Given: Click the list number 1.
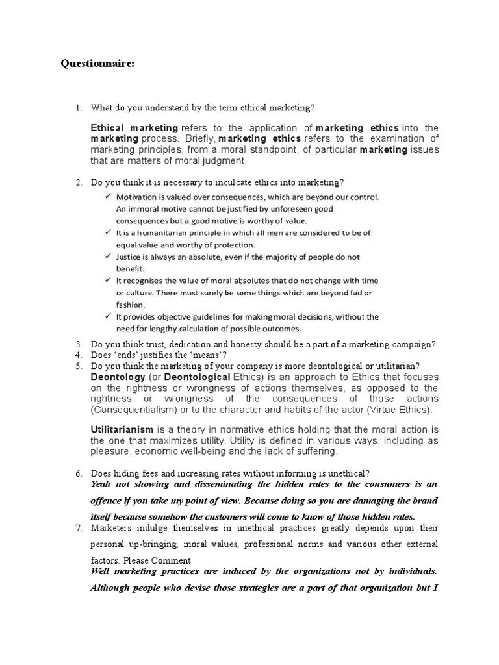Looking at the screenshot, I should pos(78,107).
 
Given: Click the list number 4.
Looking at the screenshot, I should pos(78,355).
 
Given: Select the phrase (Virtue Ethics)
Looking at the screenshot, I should pos(401,410).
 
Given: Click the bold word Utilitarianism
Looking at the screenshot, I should pos(122,430).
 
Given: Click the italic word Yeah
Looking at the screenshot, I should pos(103,484).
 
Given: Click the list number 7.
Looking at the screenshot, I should pos(78,527).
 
